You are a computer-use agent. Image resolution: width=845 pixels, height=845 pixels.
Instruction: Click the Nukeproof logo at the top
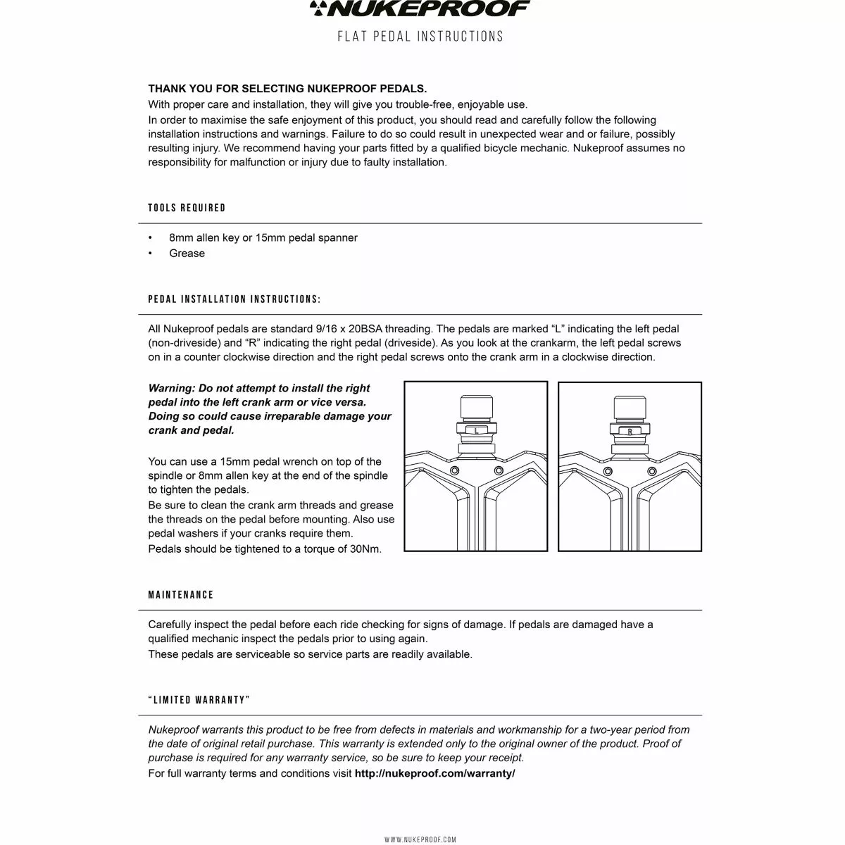(x=421, y=10)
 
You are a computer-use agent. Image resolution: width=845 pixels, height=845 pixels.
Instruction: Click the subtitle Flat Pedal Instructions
(x=421, y=37)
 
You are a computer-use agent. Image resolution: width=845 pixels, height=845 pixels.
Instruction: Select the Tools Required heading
(x=187, y=208)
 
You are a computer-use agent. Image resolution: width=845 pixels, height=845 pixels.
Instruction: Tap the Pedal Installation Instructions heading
(x=234, y=299)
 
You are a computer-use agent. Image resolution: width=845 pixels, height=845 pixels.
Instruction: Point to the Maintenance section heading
(x=180, y=595)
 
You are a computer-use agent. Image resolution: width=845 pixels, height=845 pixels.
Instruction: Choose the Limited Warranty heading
(x=199, y=700)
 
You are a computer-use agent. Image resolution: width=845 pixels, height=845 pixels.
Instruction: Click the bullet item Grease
(x=187, y=254)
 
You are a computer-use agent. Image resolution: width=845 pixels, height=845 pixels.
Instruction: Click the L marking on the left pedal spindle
(x=476, y=430)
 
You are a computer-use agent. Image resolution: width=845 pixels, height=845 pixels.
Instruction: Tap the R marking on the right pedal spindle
(x=630, y=430)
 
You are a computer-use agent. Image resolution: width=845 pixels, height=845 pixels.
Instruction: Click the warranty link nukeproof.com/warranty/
(x=434, y=773)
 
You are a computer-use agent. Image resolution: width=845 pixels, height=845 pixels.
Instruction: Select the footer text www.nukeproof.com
(x=420, y=839)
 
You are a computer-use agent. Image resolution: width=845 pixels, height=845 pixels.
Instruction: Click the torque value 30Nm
(x=365, y=549)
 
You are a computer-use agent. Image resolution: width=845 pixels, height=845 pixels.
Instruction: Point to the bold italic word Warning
(x=171, y=388)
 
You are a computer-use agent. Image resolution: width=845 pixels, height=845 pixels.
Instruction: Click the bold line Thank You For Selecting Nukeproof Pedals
(x=287, y=89)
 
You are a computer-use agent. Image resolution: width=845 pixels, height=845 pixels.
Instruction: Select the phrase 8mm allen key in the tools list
(x=204, y=238)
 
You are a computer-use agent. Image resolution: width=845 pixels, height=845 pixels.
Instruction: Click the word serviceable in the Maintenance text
(x=273, y=654)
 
